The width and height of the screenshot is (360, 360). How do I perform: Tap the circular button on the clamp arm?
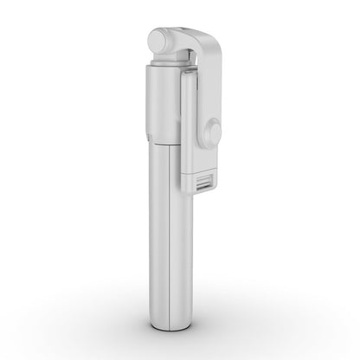click(213, 132)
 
